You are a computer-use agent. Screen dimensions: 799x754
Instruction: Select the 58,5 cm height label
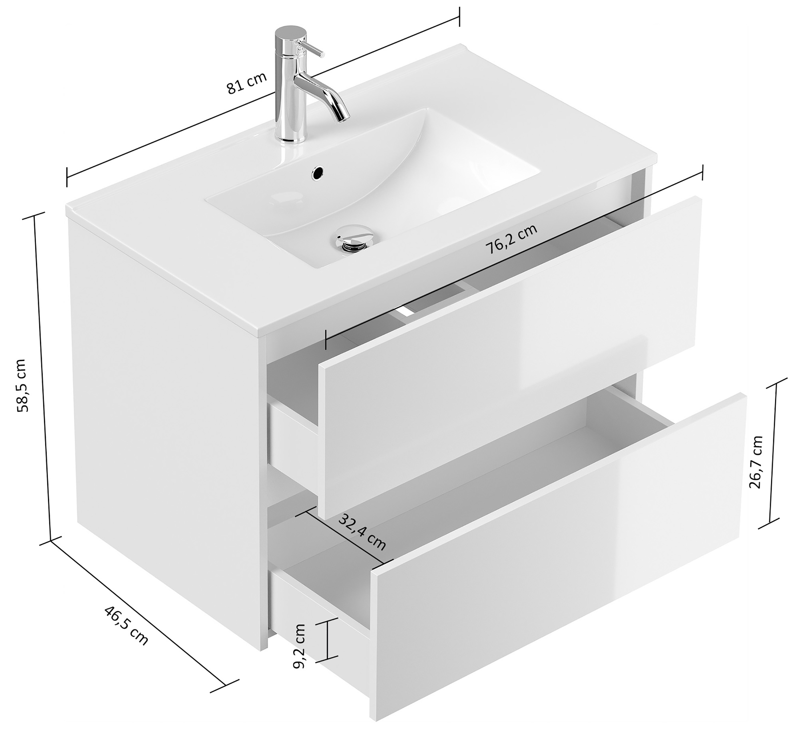[20, 385]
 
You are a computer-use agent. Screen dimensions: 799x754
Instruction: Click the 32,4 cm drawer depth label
[362, 532]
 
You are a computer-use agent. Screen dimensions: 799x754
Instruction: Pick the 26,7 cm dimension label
[756, 462]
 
